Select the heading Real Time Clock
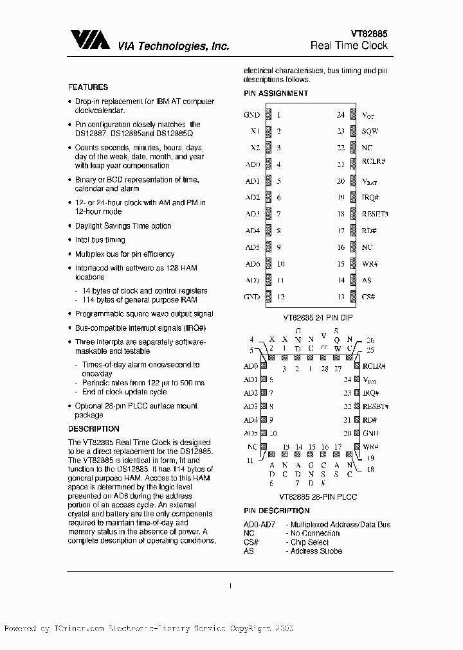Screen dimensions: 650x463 [349, 46]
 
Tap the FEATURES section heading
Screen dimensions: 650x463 [88, 87]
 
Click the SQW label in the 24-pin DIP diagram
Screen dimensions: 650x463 [370, 131]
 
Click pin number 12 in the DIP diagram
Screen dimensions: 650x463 [281, 297]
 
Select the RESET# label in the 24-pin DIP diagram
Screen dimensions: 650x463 [376, 214]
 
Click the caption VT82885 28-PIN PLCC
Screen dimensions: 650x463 [318, 497]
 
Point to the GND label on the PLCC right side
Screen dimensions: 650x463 [370, 434]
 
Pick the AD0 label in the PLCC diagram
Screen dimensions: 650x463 [251, 366]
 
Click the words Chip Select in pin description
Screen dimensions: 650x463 [309, 542]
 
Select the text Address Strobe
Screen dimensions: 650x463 [316, 550]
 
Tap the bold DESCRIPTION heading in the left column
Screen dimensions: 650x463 [94, 428]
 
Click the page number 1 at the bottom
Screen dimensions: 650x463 [230, 585]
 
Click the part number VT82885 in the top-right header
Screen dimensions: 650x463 [368, 33]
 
